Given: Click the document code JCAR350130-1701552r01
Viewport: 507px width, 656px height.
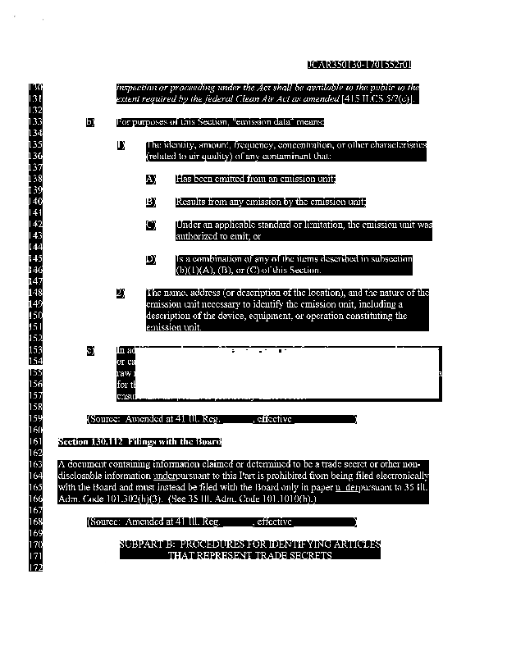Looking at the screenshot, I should coord(359,64).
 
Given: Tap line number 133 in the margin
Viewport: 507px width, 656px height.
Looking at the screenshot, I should coord(35,122).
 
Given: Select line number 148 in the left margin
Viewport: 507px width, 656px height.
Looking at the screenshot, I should coord(35,293).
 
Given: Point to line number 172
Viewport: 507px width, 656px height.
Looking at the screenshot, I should coord(35,567).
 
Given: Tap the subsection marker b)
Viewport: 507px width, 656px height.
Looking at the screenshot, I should coord(90,122).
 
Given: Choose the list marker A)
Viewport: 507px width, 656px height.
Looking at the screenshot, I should coord(151,179).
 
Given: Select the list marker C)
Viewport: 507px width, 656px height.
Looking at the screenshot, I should coord(151,225).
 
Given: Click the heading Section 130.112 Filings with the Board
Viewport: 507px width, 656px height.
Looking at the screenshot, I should coord(139,442).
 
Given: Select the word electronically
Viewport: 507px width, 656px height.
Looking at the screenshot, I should coord(396,476).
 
